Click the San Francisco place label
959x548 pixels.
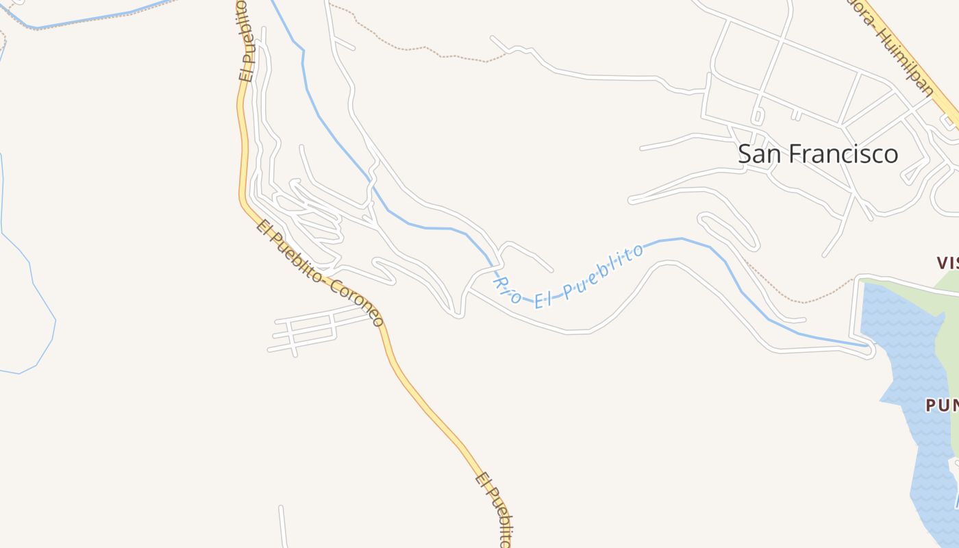pos(817,153)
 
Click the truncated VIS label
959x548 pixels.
pos(947,262)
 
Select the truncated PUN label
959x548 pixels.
pos(942,406)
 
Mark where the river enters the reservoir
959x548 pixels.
pos(864,346)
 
